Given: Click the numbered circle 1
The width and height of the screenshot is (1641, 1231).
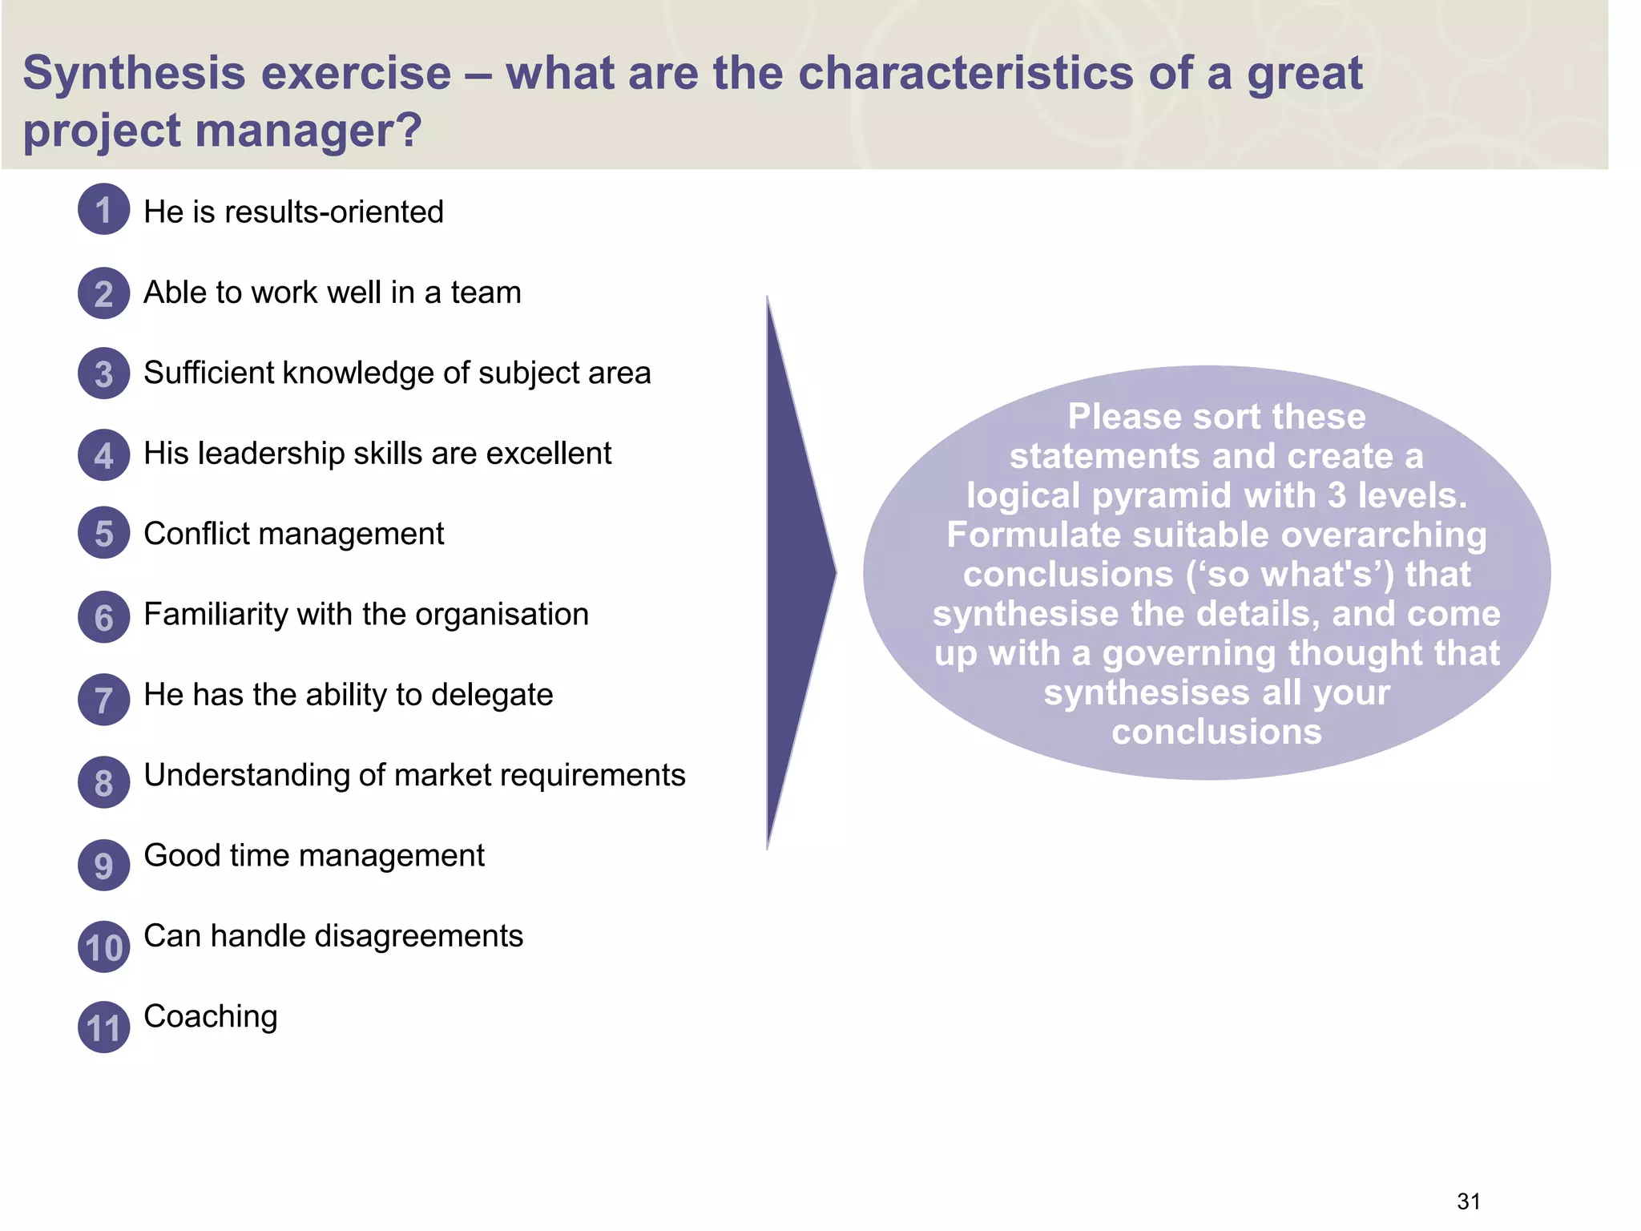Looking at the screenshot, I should (x=103, y=209).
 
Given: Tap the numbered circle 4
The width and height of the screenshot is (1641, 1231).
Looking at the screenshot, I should (x=103, y=455).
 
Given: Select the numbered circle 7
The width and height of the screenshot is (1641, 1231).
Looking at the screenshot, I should (x=103, y=700).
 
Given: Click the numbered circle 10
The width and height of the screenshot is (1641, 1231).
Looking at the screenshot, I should (x=103, y=947).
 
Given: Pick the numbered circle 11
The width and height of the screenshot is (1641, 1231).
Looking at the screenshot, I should (x=103, y=1027).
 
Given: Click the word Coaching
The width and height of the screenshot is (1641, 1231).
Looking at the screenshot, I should (x=210, y=1016).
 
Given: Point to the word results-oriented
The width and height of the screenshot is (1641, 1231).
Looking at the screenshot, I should (x=335, y=212).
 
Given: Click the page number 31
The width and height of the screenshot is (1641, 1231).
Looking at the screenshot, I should (x=1468, y=1201).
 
